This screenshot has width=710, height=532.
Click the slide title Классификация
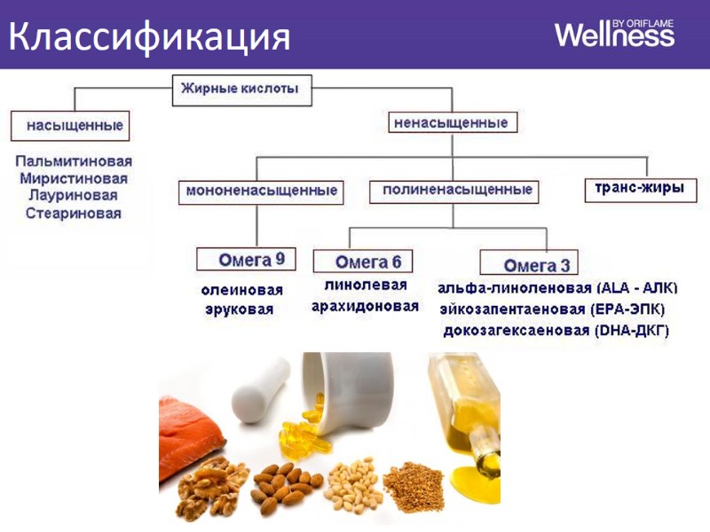(150, 35)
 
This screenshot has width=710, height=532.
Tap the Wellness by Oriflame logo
(614, 34)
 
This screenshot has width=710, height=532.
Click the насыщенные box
(69, 125)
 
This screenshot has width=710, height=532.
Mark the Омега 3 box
(529, 263)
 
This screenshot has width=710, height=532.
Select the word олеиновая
(241, 291)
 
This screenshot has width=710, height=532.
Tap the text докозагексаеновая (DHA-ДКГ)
(556, 331)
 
